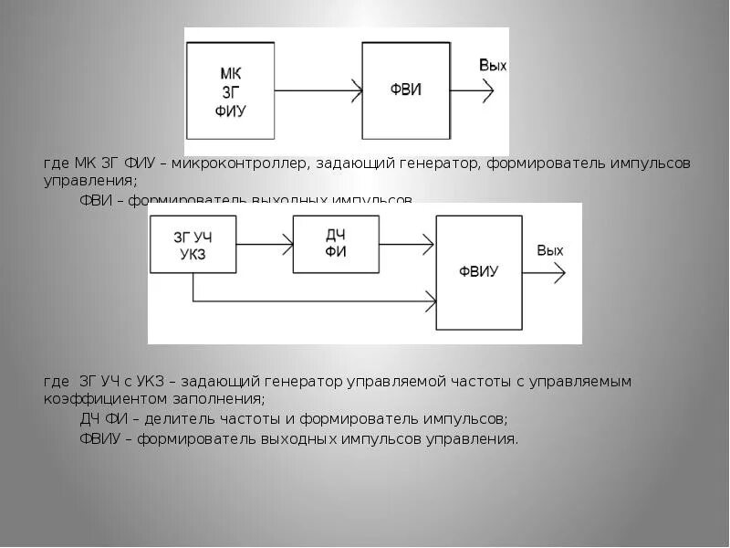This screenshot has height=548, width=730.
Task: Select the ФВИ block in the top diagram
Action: click(406, 90)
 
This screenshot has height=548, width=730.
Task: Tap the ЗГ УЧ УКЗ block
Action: click(193, 244)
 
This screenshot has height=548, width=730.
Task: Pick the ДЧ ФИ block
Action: click(335, 243)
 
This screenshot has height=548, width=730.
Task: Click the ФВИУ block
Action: click(479, 271)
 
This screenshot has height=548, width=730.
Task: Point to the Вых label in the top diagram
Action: click(493, 66)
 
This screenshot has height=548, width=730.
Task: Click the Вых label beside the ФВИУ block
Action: click(550, 250)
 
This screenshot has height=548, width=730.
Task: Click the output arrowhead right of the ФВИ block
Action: click(487, 90)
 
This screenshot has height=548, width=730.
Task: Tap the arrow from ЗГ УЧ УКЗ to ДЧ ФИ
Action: click(265, 244)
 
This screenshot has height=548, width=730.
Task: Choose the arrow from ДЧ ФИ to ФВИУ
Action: click(405, 244)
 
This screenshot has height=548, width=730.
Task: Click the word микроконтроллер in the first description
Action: click(246, 163)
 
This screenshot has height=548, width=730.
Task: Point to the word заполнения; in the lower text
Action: click(218, 399)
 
